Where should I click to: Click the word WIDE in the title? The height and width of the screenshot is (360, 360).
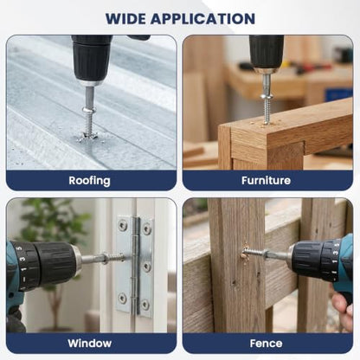125,19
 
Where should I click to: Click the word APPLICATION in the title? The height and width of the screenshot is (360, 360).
202,19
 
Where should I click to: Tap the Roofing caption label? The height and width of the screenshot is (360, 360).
89,181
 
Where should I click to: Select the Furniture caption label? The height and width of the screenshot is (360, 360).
266,181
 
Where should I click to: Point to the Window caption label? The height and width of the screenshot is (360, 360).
90,344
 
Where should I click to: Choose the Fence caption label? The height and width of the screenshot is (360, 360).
266,344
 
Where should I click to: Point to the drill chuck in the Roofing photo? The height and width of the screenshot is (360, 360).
92,61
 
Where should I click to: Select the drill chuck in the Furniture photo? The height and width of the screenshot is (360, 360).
267,54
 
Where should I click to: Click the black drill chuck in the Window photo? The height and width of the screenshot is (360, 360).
55,262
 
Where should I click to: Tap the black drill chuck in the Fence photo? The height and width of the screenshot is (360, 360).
310,259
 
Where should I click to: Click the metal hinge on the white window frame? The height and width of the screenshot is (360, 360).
135,265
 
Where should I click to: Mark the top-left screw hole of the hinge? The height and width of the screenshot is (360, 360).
124,225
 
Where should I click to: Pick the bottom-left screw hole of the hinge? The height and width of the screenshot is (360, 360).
123,299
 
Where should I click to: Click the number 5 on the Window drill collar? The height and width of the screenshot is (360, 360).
20,248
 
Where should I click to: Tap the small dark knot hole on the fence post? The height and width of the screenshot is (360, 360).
233,282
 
